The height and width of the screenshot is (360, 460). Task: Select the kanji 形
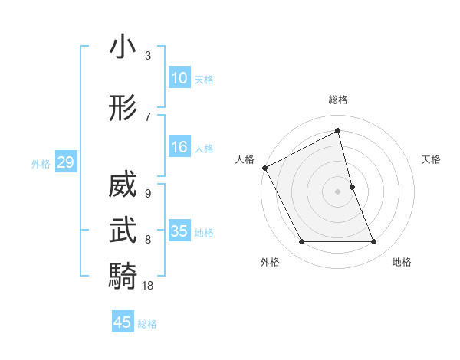[123, 108]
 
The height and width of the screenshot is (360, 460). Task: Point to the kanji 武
[123, 230]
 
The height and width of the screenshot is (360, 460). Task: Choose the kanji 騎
[123, 276]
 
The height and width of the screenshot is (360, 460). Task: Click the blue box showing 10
[179, 78]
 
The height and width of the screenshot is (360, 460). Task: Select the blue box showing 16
[179, 147]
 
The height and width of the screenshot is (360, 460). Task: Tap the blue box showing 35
[179, 231]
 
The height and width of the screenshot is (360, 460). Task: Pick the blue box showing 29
[65, 162]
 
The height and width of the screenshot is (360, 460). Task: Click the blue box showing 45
[123, 322]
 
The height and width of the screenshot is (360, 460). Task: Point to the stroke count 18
[148, 285]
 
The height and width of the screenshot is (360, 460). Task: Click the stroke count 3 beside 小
[148, 56]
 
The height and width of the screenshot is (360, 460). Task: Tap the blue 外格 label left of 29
[41, 163]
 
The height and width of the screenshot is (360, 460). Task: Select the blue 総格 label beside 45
[147, 324]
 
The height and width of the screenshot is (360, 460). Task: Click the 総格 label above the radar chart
[338, 100]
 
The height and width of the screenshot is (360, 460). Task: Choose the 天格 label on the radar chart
[432, 159]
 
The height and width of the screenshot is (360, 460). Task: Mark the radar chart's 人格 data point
[264, 168]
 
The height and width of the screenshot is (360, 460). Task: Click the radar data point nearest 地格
[374, 242]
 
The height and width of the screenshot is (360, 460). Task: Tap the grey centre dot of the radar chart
[338, 191]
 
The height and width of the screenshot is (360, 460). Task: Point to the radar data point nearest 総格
[338, 130]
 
